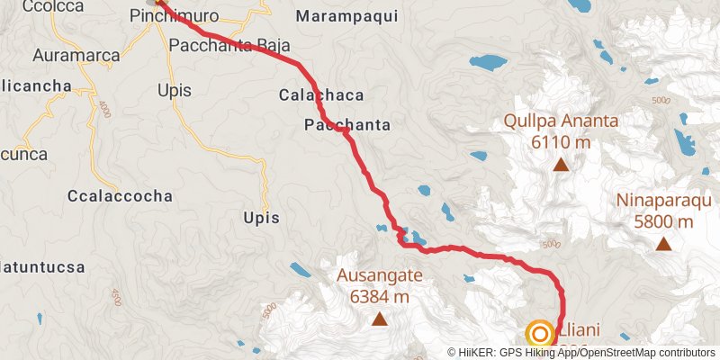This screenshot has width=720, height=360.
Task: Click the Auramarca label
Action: click(x=76, y=56)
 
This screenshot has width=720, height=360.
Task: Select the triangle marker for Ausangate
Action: click(x=380, y=319)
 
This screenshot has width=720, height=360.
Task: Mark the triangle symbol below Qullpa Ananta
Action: click(x=561, y=164)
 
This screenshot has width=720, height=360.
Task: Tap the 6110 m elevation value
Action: click(x=561, y=142)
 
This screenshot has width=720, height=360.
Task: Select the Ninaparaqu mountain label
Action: click(x=662, y=201)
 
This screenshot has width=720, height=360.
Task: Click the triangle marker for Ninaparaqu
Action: click(x=663, y=243)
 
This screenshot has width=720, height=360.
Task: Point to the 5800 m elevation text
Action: click(x=662, y=221)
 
